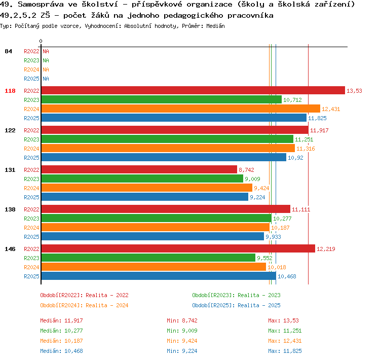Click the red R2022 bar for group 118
point(193,90)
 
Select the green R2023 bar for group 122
point(168,139)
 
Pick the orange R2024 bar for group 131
point(147,188)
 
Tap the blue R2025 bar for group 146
point(159,276)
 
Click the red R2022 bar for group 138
point(166,209)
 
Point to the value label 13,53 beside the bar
point(354,91)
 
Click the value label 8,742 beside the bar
point(246,170)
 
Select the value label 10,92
point(295,158)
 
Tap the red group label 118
point(10,91)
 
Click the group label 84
point(8,51)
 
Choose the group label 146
point(10,249)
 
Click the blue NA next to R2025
point(46,79)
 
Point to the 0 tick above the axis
point(41,41)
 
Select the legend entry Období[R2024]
point(61,305)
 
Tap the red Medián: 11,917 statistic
point(61,320)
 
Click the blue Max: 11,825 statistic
point(285,351)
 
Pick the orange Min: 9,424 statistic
point(182,341)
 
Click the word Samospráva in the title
point(41,5)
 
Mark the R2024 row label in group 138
point(31,228)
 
